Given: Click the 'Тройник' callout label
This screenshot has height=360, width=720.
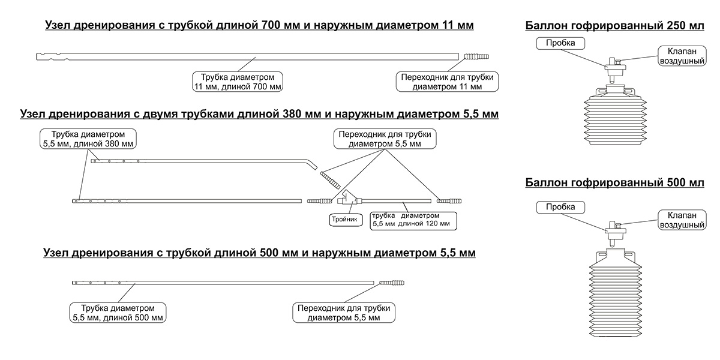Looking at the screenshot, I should coord(345,220).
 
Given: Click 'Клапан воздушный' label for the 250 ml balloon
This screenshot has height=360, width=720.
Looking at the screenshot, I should coord(681,56).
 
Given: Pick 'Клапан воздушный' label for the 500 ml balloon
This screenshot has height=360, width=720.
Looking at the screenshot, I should coord(681,220).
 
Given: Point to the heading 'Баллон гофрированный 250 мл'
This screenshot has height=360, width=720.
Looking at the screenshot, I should coord(615,26).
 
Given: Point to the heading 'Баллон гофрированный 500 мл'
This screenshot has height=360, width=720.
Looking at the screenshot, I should coord(615,182).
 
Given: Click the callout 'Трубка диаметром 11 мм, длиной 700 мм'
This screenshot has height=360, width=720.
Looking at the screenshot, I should coord(238,82).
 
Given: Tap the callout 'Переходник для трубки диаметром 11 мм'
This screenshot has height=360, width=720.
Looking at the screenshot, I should coord(448,82).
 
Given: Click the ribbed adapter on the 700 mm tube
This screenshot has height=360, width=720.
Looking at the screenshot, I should coord(476,57).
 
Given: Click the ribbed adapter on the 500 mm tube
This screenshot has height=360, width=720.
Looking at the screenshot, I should coord(392,281).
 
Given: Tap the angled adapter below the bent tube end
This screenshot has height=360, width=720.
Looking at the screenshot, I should coord(329,180).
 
